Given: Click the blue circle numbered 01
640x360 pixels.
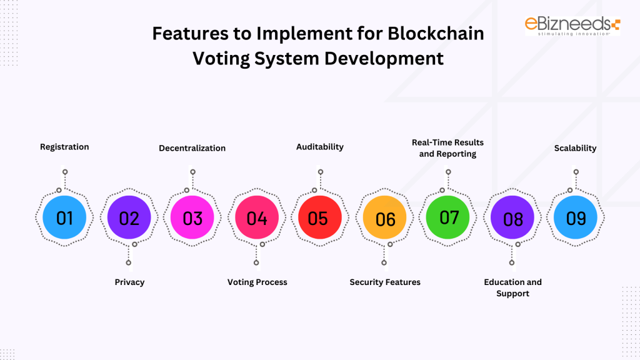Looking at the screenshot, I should click(65, 217).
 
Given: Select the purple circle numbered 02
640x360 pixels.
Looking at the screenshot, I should click(129, 218).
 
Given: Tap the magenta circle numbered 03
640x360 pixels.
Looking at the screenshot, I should click(192, 218).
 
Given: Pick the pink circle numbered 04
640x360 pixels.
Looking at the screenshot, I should click(257, 218).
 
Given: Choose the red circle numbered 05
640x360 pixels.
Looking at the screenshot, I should click(319, 218).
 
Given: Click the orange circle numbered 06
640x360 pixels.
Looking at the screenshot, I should click(385, 219).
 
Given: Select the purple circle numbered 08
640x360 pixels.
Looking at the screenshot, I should click(512, 219).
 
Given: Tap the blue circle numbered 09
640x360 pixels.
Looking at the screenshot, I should click(576, 218).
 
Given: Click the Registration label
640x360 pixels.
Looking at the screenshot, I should click(64, 147).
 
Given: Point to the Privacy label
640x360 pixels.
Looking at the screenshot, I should click(129, 282).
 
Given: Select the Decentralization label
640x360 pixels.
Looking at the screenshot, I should click(192, 148).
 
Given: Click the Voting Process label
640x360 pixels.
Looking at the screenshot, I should click(257, 282).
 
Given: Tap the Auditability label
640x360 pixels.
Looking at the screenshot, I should click(319, 147).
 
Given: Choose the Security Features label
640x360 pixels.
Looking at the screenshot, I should click(385, 282).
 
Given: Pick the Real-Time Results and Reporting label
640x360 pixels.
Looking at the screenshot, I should click(447, 148).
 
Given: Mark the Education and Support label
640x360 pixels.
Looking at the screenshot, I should click(512, 287).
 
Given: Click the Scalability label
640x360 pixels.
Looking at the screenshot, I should click(575, 148).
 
